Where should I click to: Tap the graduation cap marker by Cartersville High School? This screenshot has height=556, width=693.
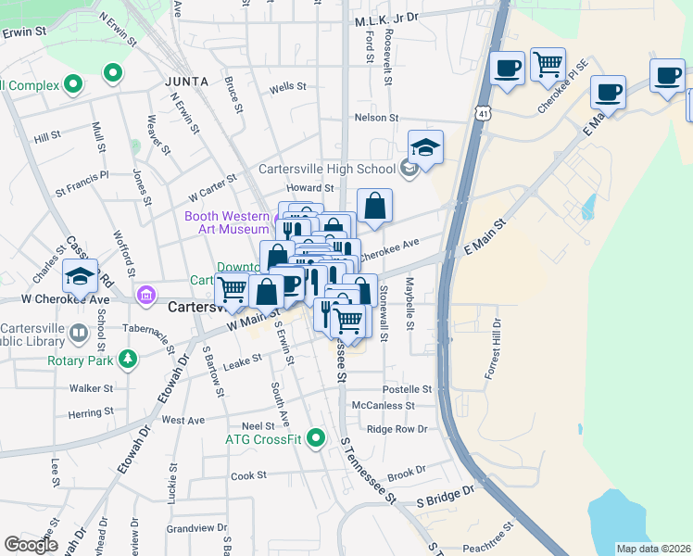pos(425,148)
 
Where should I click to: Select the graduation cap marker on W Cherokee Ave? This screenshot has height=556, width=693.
pos(81,276)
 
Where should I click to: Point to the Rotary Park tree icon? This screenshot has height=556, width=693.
pos(126,359)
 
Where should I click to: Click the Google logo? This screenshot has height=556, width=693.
pos(31,545)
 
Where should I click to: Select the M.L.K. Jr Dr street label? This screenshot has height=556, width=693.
pos(386,18)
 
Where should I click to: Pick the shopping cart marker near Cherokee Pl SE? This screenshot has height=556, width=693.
pos(548,65)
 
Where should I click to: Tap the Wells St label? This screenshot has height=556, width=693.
pos(287,87)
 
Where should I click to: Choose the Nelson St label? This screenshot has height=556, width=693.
pos(376,118)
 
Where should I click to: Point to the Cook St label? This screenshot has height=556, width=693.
pos(248,475)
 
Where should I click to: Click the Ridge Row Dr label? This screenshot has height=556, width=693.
pos(397,429)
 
